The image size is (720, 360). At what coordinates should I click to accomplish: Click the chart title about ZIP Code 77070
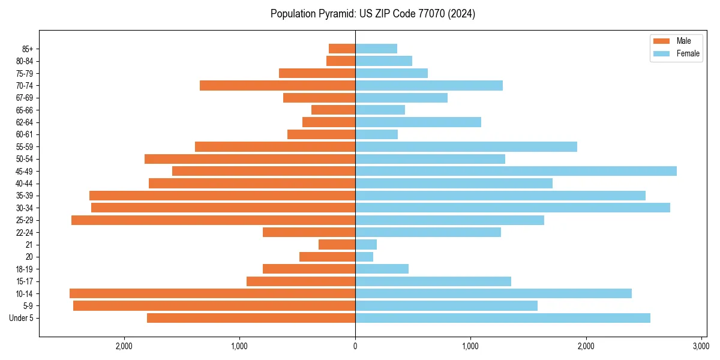pyautogui.click(x=373, y=14)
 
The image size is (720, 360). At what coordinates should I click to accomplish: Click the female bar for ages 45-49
pyautogui.click(x=516, y=171)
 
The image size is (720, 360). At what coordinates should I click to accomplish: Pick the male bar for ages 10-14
pyautogui.click(x=212, y=293)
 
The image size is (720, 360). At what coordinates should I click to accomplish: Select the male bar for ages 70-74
pyautogui.click(x=277, y=85)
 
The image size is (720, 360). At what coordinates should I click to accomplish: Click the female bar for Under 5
pyautogui.click(x=503, y=318)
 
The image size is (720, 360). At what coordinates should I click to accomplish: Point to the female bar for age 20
pyautogui.click(x=364, y=257)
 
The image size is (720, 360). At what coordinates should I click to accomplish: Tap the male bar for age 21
pyautogui.click(x=337, y=245)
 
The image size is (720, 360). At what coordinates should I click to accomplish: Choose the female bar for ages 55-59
pyautogui.click(x=466, y=146)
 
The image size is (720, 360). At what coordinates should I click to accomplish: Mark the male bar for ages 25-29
pyautogui.click(x=213, y=220)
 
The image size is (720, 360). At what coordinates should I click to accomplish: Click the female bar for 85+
pyautogui.click(x=376, y=49)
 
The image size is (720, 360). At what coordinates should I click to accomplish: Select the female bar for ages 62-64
pyautogui.click(x=418, y=122)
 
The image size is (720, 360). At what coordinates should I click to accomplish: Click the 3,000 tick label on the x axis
pyautogui.click(x=701, y=346)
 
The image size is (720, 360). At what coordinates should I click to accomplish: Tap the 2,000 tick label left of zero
pyautogui.click(x=124, y=346)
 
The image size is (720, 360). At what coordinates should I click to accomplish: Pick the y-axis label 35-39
pyautogui.click(x=25, y=196)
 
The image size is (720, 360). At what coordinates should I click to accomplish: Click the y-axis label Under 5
pyautogui.click(x=22, y=318)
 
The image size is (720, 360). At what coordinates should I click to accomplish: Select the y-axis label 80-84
pyautogui.click(x=25, y=61)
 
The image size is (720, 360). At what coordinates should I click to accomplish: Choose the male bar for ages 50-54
pyautogui.click(x=250, y=159)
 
